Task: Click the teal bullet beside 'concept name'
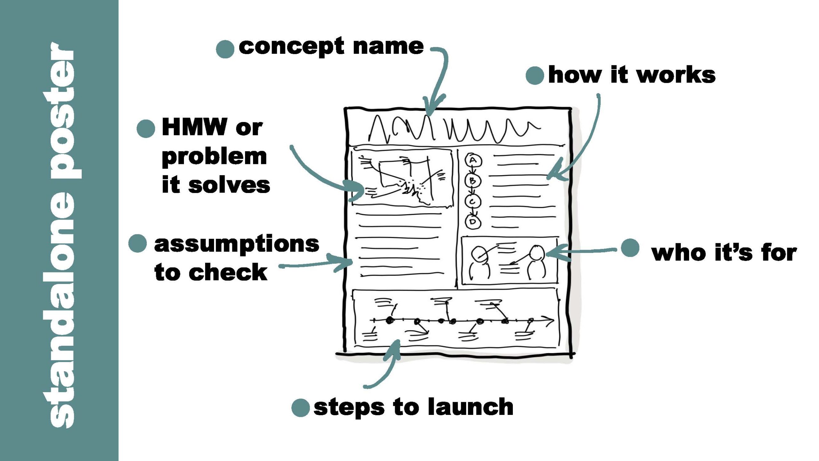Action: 225,49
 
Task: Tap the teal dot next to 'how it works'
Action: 535,76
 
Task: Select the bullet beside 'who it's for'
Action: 630,248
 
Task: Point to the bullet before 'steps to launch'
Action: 301,408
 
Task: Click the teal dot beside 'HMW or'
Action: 146,129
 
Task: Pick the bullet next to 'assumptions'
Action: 138,243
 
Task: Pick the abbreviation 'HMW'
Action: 195,127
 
